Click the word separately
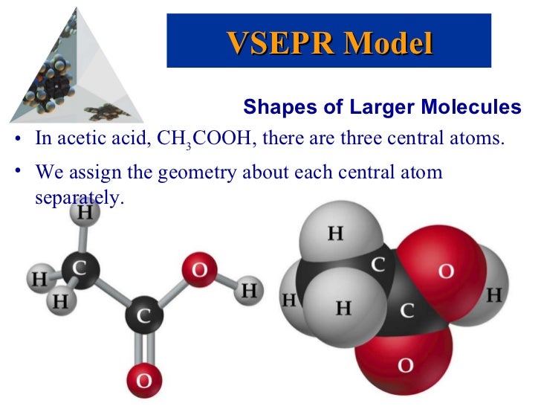pos(77,199)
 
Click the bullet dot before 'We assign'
pos(18,173)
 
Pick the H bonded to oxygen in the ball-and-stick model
pos(250,290)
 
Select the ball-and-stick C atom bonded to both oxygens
pos(144,315)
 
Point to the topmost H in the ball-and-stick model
pos(85,213)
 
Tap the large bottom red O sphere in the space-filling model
pos(406,364)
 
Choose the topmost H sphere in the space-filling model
pos(336,234)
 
